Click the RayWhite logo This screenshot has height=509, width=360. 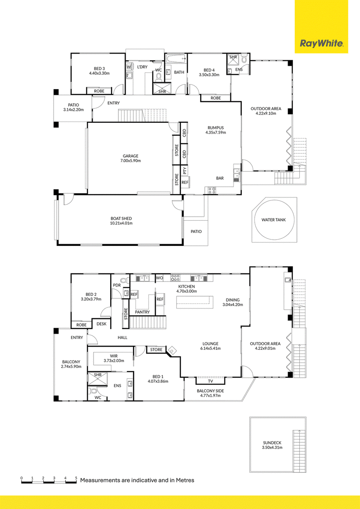point(321,44)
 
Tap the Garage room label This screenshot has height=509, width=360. point(130,156)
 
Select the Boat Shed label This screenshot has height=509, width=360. point(121,219)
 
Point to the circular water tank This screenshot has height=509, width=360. point(274,220)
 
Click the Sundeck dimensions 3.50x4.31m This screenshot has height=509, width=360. point(272,448)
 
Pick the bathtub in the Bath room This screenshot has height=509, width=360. point(176,59)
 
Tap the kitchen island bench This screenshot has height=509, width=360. point(195,302)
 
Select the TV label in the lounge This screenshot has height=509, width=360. point(211,381)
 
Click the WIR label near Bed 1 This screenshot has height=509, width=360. point(114,356)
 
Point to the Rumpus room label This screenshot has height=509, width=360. point(216,128)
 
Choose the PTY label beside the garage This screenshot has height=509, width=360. point(184,170)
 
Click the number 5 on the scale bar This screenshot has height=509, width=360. point(76,478)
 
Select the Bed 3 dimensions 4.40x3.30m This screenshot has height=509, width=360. point(99,73)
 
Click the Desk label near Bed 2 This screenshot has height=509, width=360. point(101,324)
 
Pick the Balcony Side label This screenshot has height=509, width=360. point(210,391)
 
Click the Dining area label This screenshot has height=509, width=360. point(233,300)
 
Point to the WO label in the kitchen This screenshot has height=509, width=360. point(160,278)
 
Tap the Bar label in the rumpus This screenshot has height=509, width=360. point(220,178)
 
